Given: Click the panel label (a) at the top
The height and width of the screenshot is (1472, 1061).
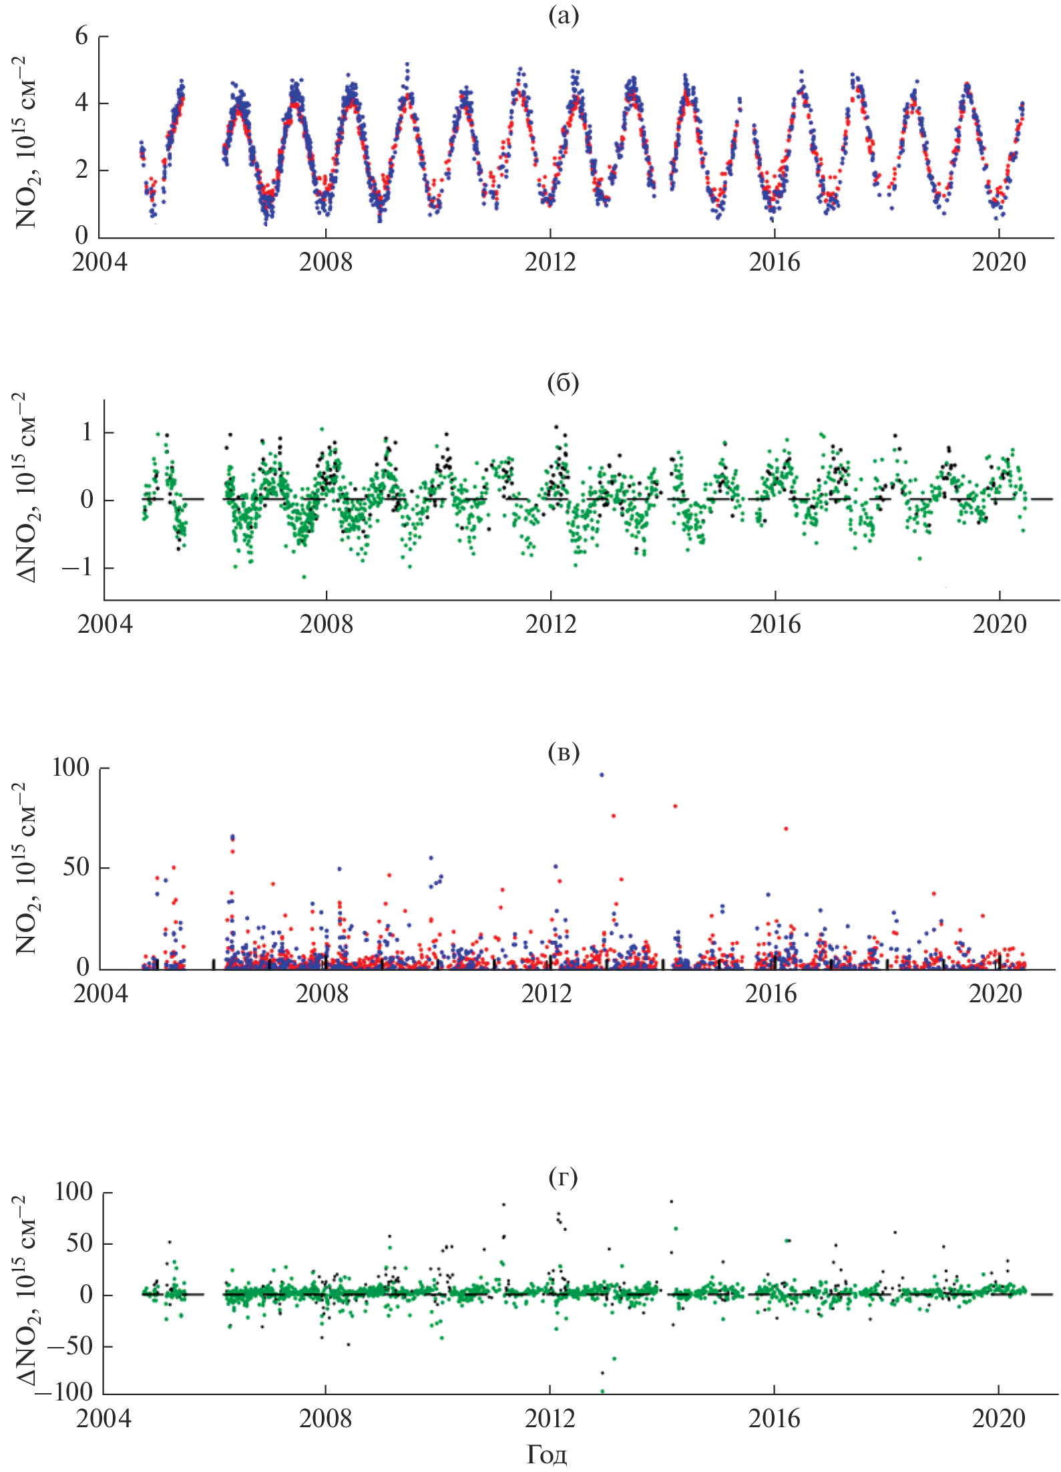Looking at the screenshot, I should point(563,15).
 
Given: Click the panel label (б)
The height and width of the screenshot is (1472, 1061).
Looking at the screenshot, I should point(563,382).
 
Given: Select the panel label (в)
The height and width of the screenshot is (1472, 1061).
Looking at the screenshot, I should point(563,752).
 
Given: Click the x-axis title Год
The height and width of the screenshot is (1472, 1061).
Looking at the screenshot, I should point(547,1454).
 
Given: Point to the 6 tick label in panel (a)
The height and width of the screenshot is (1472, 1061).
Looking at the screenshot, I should point(81,36).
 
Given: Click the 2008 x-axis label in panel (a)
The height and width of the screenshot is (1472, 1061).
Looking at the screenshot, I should point(325,263).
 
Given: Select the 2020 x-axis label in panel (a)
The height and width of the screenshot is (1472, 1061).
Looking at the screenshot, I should point(998,263).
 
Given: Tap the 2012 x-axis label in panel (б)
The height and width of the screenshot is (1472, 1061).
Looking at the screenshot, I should point(550,625).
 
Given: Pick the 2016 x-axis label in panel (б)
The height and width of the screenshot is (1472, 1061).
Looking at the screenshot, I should point(775,625).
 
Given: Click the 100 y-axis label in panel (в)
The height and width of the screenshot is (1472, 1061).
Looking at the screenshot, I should point(71,768).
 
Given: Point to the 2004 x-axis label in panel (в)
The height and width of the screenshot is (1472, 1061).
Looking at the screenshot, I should point(100,994).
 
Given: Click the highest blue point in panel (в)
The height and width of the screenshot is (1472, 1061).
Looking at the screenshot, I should point(602,775).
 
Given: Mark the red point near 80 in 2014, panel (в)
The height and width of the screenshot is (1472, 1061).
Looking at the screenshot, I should point(675,806).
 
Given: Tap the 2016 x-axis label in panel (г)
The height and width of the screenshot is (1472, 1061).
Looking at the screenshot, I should point(774,1418).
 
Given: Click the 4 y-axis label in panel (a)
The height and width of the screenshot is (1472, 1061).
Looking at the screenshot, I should point(81,103).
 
